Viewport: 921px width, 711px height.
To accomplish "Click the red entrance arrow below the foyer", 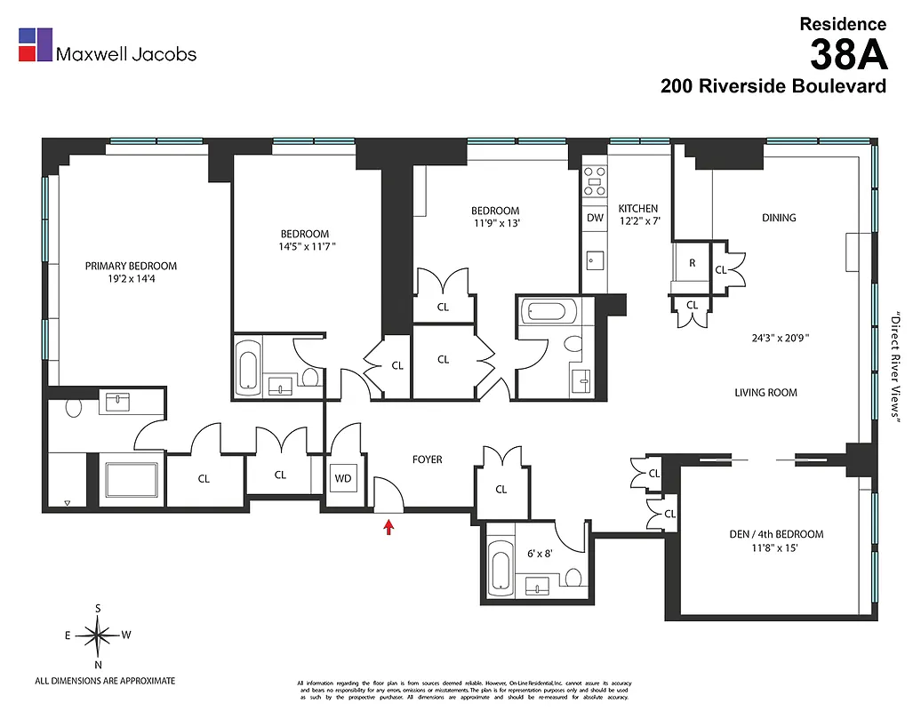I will (x=388, y=527).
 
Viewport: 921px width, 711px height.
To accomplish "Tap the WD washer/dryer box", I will (x=343, y=479).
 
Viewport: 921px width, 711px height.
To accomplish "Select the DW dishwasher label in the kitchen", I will (x=595, y=218).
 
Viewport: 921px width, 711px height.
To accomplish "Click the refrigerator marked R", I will (x=691, y=263).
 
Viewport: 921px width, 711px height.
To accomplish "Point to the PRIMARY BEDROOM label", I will (x=131, y=266).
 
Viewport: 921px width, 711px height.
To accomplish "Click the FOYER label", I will (x=427, y=459).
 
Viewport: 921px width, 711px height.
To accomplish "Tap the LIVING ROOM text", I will (x=765, y=392).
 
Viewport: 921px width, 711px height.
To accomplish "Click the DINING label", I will (x=779, y=218).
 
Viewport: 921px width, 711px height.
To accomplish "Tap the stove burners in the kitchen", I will (x=595, y=181).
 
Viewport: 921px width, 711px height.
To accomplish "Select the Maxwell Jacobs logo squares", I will (x=36, y=45).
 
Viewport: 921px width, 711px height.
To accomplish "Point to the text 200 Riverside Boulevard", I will (x=773, y=86).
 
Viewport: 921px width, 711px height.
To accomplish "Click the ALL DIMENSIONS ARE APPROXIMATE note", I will (x=105, y=681).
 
